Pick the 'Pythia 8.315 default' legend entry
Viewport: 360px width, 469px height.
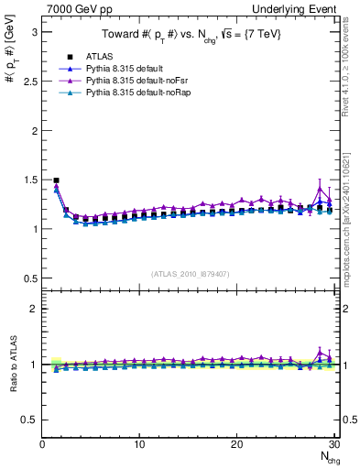click(x=126, y=69)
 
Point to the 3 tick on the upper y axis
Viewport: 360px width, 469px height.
click(x=34, y=32)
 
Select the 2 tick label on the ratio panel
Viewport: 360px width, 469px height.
click(x=34, y=309)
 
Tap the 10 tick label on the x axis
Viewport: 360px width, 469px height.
click(x=139, y=444)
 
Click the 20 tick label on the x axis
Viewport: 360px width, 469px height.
click(x=236, y=444)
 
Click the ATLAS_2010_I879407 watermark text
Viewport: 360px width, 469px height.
click(x=191, y=273)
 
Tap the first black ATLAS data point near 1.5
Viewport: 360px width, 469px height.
click(x=56, y=180)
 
